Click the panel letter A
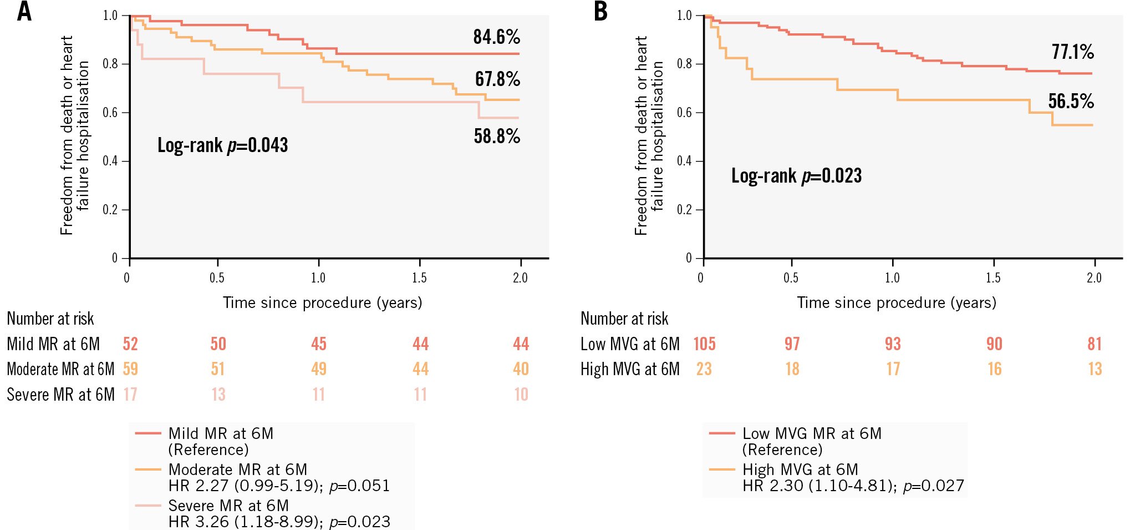tap(24, 11)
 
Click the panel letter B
tap(600, 11)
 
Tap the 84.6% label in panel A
tap(496, 37)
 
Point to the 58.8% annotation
tap(496, 136)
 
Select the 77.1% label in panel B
tap(1072, 52)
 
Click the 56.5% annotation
tap(1071, 101)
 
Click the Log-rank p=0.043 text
tap(222, 145)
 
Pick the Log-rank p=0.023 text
tap(796, 176)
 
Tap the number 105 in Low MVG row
tap(704, 344)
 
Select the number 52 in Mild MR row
tap(130, 344)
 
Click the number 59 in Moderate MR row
tap(130, 369)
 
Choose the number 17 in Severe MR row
tap(130, 395)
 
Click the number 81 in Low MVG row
tap(1095, 344)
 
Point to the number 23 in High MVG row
tap(704, 369)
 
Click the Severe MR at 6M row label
tap(60, 395)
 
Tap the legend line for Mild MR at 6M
tap(148, 433)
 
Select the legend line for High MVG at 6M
tap(722, 470)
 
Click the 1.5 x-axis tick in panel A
tap(419, 277)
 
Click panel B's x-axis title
tap(896, 302)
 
